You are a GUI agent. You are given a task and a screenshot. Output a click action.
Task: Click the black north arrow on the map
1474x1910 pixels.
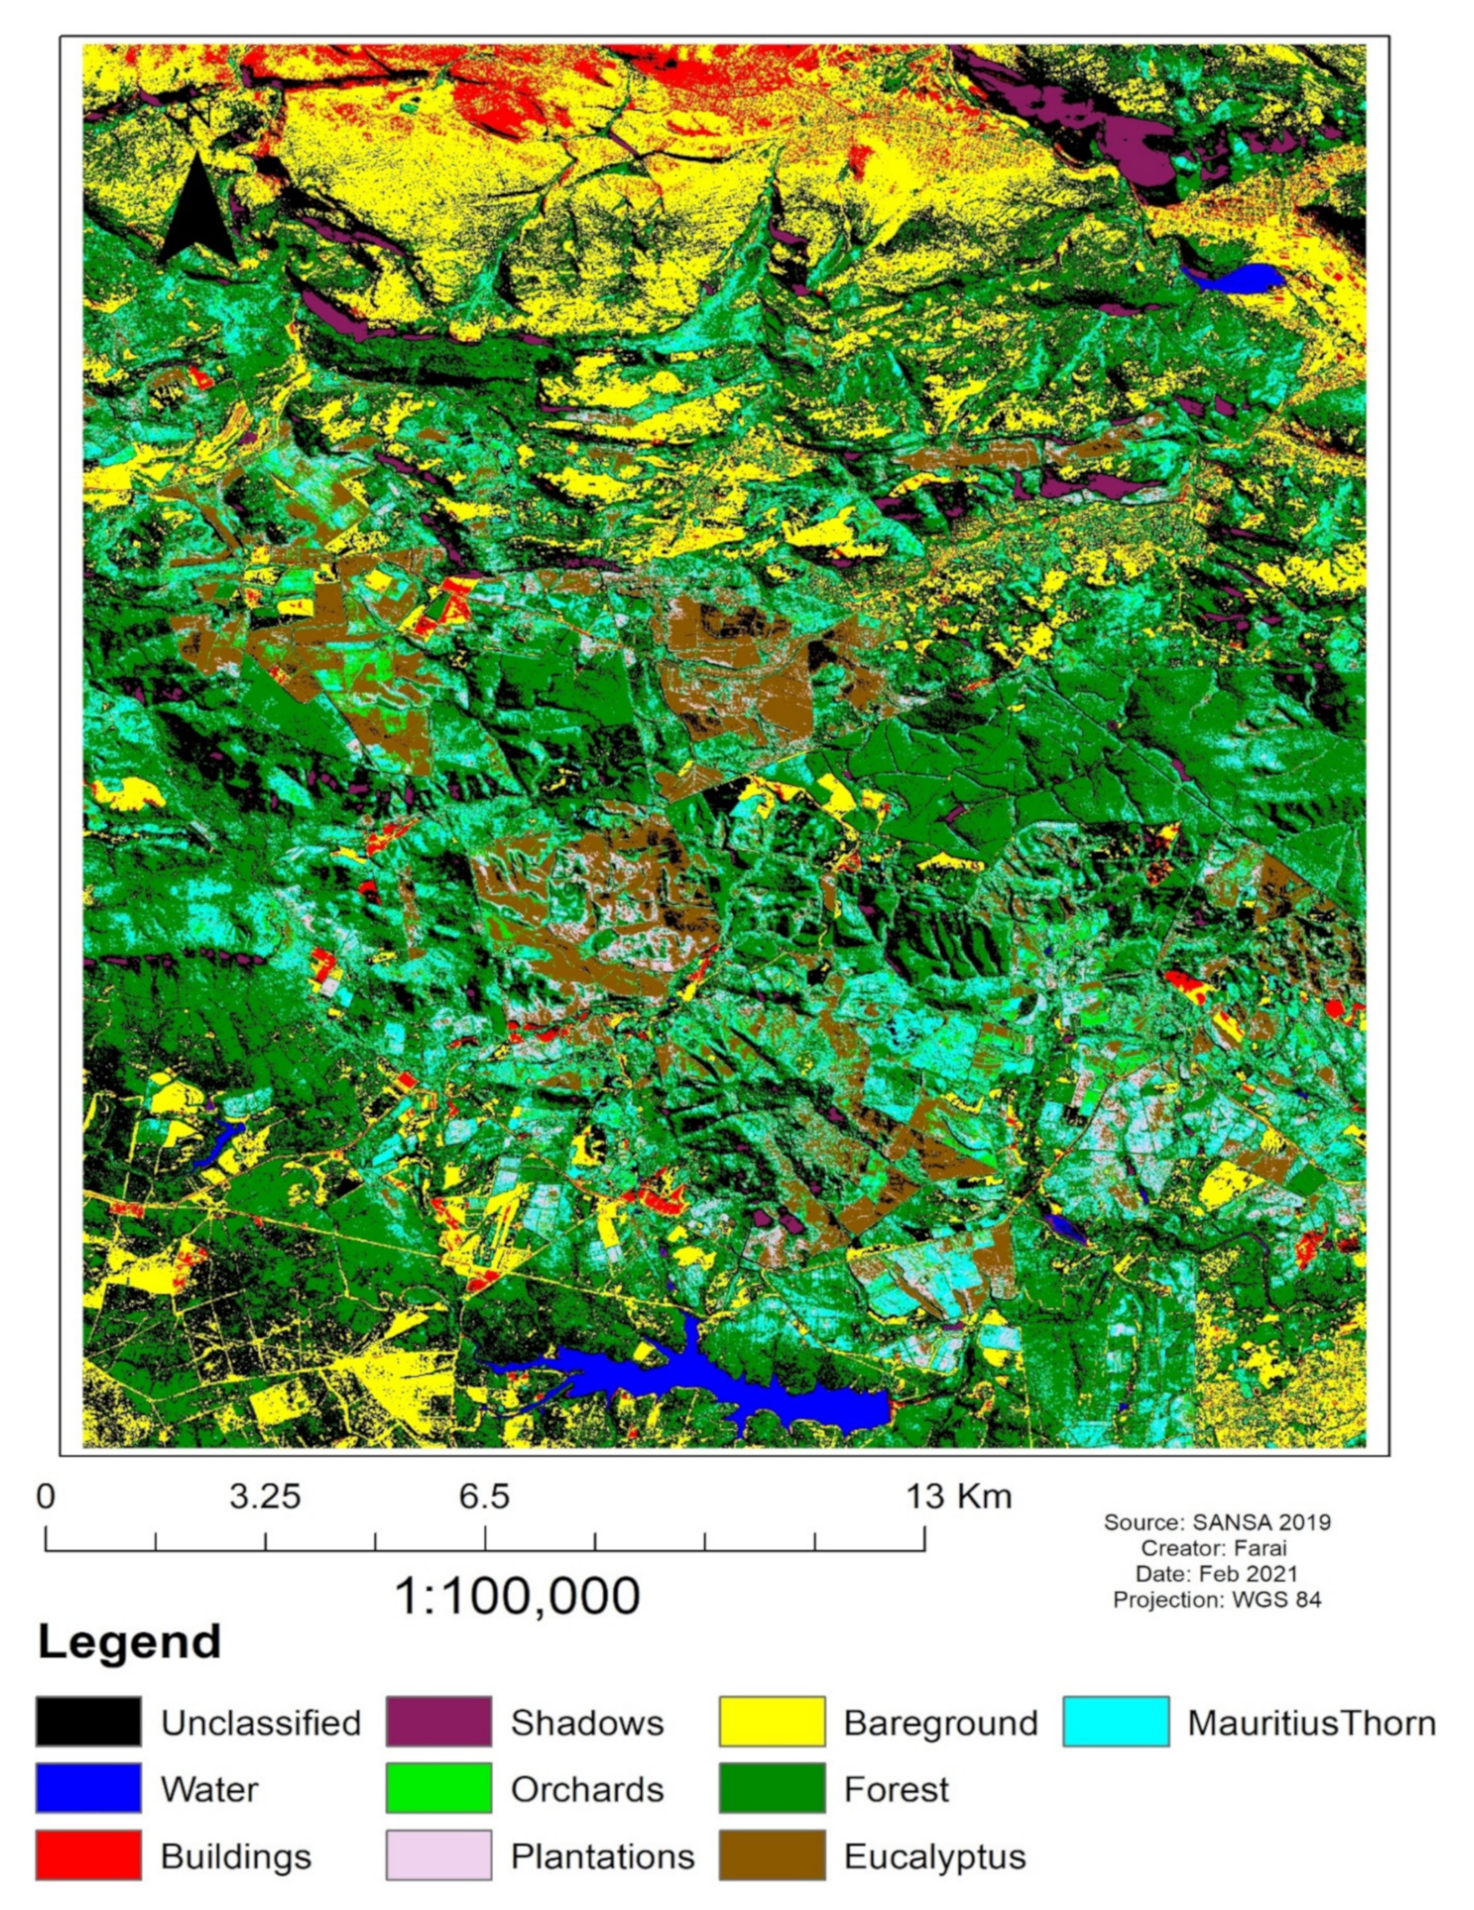click(x=197, y=212)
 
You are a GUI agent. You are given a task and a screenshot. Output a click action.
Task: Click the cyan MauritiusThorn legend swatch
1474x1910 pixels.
click(x=1115, y=1721)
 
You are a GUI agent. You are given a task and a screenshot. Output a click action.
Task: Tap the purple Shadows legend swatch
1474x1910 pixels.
click(x=438, y=1721)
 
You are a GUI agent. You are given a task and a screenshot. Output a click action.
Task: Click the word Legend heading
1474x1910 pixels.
click(x=129, y=1641)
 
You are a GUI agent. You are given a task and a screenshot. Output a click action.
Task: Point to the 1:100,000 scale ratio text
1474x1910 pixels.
click(x=518, y=1596)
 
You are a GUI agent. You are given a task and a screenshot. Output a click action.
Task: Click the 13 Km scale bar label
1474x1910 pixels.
click(x=958, y=1496)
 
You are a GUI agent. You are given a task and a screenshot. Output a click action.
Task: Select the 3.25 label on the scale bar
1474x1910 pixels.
click(x=265, y=1496)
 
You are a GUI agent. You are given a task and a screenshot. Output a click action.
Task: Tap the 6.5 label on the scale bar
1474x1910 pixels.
click(x=483, y=1496)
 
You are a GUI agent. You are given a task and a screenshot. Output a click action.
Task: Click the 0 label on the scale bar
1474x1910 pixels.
click(x=46, y=1496)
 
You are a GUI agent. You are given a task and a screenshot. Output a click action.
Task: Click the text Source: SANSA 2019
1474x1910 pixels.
click(x=1216, y=1523)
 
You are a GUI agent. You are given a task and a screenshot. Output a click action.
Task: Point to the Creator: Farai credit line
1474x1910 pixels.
click(x=1216, y=1548)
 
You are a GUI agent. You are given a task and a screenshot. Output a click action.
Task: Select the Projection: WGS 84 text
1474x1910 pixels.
click(x=1216, y=1600)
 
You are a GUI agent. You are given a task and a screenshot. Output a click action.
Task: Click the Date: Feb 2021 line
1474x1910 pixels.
click(x=1216, y=1574)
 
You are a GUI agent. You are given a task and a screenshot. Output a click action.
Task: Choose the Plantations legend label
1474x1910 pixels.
click(x=603, y=1856)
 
